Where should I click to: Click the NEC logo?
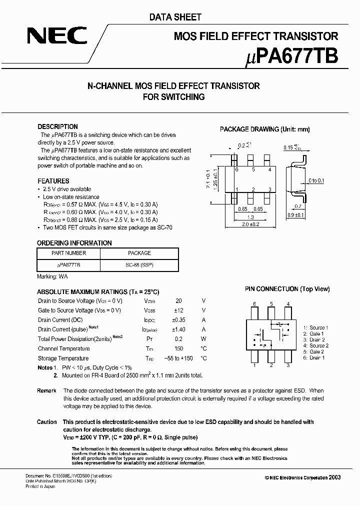57,36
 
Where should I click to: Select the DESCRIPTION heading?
57,126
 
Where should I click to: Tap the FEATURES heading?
53,181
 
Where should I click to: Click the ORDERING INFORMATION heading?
74,243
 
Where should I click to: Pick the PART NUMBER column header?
69,253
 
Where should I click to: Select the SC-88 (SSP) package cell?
139,265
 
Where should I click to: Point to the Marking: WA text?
52,276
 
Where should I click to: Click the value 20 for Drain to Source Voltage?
178,301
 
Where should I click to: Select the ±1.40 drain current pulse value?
178,329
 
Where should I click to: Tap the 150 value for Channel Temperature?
178,348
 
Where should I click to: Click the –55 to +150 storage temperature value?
178,358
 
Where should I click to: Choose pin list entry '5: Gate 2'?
315,351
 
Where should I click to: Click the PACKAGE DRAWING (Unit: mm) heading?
264,129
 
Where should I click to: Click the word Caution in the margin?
47,422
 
